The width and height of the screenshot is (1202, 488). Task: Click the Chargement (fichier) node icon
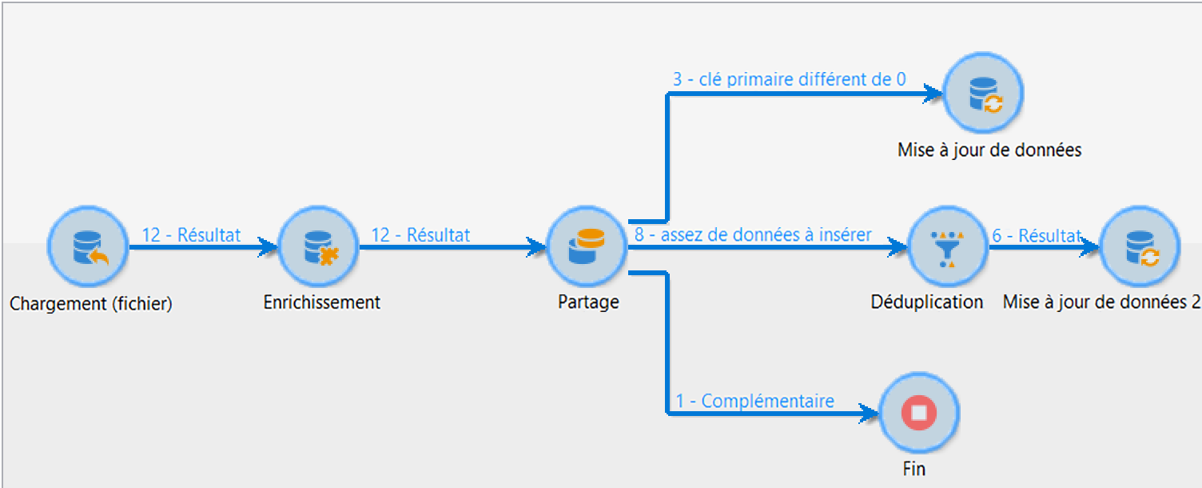[88, 247]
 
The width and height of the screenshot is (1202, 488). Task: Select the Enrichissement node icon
[318, 247]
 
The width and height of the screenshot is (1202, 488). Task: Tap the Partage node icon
[587, 247]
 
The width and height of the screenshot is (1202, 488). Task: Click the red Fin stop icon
[918, 414]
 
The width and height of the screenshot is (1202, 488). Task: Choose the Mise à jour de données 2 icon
[1139, 247]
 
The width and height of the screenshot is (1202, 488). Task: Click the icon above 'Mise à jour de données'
[983, 94]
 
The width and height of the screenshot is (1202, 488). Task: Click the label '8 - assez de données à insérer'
[753, 235]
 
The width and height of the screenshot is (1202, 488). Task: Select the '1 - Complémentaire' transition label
[755, 401]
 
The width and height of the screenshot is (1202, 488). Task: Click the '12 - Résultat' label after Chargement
[191, 235]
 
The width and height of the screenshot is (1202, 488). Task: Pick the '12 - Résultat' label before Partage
[420, 235]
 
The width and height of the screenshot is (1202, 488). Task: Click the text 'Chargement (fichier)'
[91, 304]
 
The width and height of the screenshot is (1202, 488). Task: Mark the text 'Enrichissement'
[322, 302]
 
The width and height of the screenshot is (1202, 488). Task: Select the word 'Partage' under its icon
[588, 303]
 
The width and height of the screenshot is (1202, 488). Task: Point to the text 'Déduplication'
[927, 302]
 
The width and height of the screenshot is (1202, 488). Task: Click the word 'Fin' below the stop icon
[914, 469]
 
